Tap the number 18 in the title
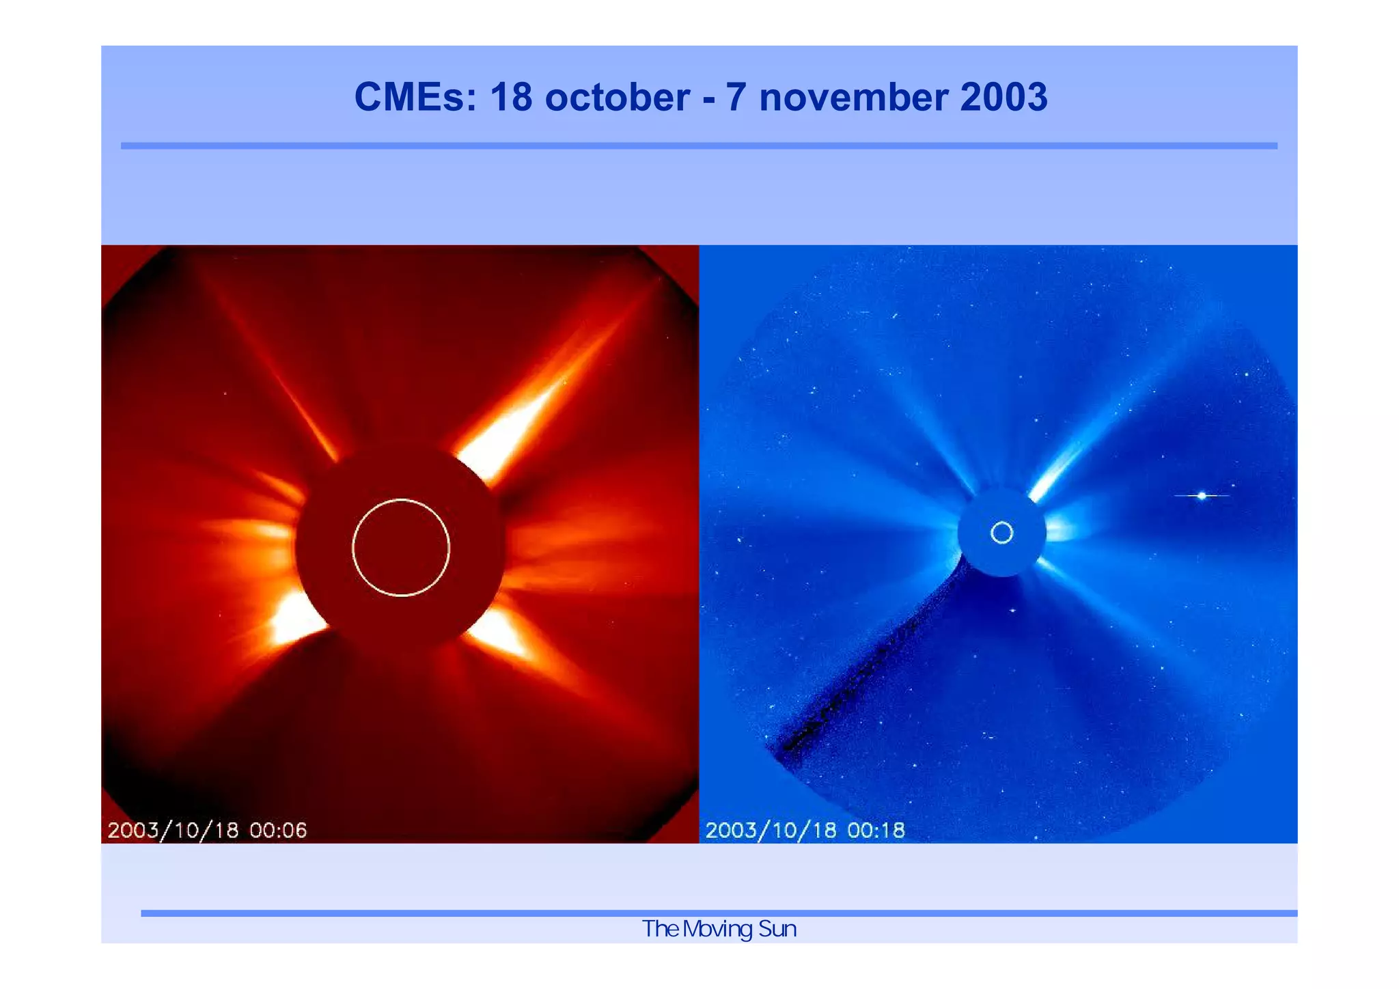pyautogui.click(x=511, y=97)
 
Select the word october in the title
pyautogui.click(x=617, y=97)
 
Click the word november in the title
pyautogui.click(x=854, y=97)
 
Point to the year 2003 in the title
pyautogui.click(x=1003, y=97)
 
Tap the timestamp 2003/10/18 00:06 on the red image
pyautogui.click(x=207, y=831)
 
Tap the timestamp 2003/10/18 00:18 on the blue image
pyautogui.click(x=805, y=831)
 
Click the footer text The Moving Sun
pyautogui.click(x=719, y=929)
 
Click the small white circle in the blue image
pyautogui.click(x=1001, y=533)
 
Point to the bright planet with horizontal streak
pyautogui.click(x=1202, y=495)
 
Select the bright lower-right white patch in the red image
pyautogui.click(x=502, y=632)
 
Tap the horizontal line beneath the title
pyautogui.click(x=699, y=145)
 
